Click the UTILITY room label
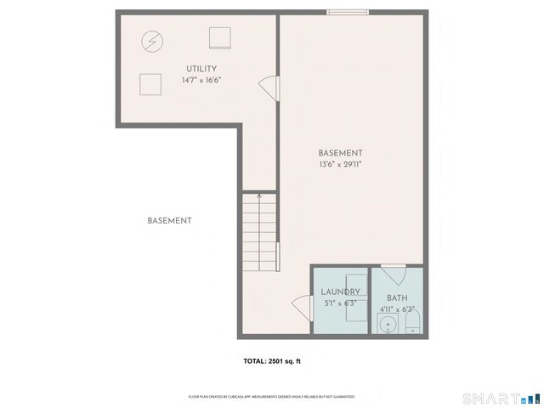click(x=201, y=69)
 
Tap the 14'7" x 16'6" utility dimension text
click(x=201, y=81)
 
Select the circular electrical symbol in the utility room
click(x=151, y=42)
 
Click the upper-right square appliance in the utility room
click(x=220, y=37)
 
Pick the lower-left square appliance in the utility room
click(x=150, y=83)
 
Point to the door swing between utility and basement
click(x=268, y=87)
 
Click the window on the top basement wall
click(x=348, y=12)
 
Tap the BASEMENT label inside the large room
click(x=341, y=153)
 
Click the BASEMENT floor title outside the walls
click(x=169, y=221)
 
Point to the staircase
click(x=259, y=233)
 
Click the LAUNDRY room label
click(x=341, y=292)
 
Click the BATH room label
click(x=397, y=298)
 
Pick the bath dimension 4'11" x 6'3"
click(x=397, y=309)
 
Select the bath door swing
click(x=393, y=276)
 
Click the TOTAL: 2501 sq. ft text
click(x=272, y=361)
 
